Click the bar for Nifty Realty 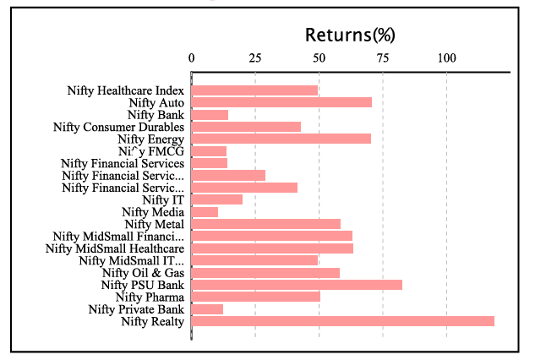tap(342, 321)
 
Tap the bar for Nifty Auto tap(281, 102)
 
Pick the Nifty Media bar tap(205, 211)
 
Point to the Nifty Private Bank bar tap(207, 309)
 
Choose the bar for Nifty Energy tap(281, 139)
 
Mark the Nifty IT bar tap(217, 199)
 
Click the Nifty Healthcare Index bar tap(254, 90)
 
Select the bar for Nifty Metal tap(265, 224)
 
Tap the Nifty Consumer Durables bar tap(246, 127)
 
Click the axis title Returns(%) tap(350, 35)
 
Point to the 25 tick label tap(255, 58)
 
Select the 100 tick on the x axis tap(446, 58)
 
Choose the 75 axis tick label tap(383, 58)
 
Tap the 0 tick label tap(192, 58)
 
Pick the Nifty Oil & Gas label tap(143, 272)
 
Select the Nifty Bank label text tap(156, 114)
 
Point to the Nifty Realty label tap(152, 321)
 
